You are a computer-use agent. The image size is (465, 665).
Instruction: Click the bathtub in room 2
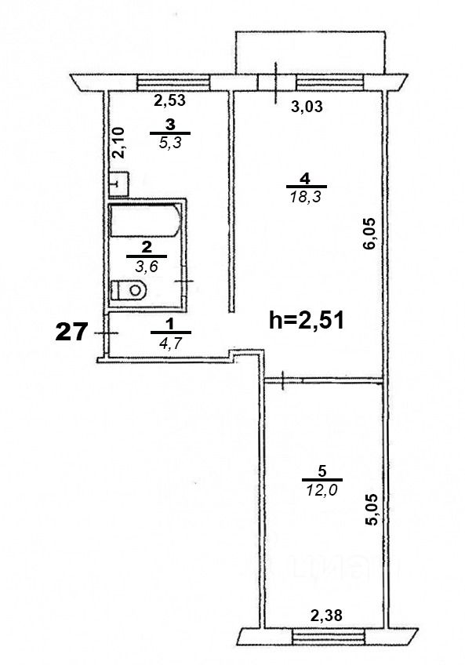[x=146, y=221]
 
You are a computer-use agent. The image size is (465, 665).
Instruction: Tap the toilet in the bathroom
[x=129, y=290]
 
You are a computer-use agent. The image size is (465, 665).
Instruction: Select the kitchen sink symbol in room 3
[x=118, y=184]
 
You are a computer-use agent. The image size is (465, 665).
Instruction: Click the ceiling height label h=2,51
[x=307, y=320]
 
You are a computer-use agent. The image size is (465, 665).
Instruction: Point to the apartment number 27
[x=71, y=332]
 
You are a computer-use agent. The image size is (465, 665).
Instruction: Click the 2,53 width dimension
[x=169, y=101]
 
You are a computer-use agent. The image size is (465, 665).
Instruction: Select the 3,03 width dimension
[x=307, y=106]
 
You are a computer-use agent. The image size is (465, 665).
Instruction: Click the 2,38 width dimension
[x=326, y=615]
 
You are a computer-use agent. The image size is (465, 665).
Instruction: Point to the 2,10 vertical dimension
[x=119, y=143]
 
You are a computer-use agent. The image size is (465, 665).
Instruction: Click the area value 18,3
[x=307, y=196]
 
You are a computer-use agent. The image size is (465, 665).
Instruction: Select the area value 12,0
[x=322, y=490]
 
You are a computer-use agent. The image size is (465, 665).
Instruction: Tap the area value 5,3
[x=169, y=143]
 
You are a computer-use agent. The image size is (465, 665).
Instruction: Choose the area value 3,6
[x=147, y=267]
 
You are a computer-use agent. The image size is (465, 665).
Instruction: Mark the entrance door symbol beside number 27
[x=106, y=333]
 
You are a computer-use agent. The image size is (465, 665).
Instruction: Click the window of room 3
[x=174, y=82]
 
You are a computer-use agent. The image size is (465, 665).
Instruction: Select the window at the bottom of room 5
[x=328, y=637]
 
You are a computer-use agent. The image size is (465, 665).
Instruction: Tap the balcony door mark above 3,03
[x=276, y=82]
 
